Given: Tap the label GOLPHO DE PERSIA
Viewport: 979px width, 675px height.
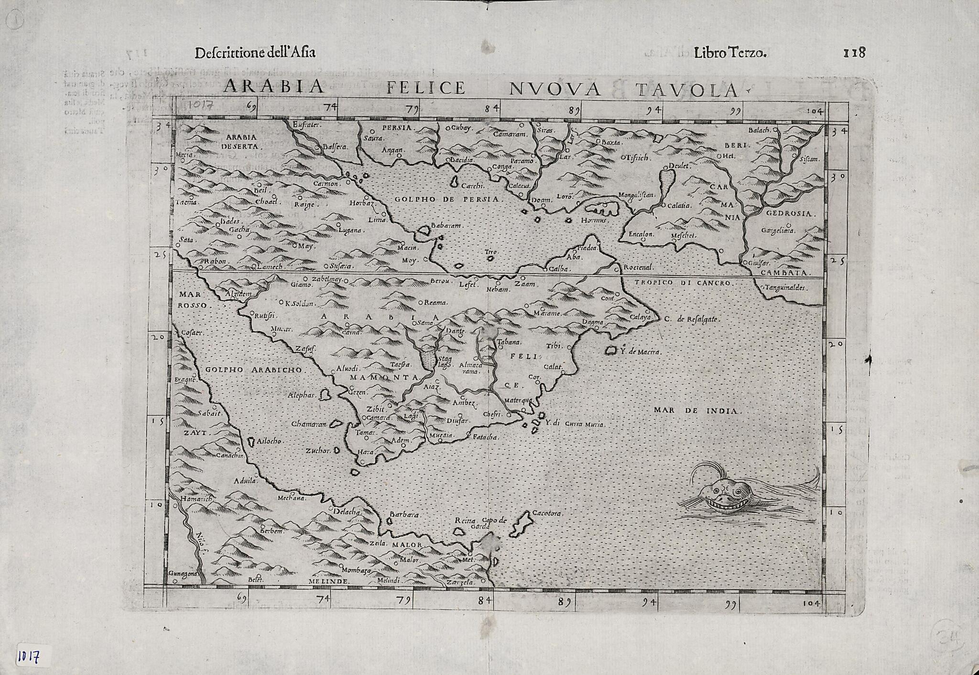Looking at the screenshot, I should [447, 199].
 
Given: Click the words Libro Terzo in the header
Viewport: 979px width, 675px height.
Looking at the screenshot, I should [730, 53].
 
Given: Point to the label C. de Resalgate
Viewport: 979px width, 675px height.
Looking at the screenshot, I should [697, 319].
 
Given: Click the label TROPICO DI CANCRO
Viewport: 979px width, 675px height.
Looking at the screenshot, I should [682, 283].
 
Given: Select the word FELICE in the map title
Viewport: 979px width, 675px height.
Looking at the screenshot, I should [425, 88].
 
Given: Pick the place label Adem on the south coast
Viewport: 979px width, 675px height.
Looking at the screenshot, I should [401, 440].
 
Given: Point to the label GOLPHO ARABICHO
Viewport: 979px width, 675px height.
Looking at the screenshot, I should [254, 370].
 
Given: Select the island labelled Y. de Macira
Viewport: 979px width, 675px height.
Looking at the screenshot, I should [610, 351].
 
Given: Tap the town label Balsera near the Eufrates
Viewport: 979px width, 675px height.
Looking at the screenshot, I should [335, 147].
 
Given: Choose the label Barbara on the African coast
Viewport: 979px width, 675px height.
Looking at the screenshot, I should [404, 515].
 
